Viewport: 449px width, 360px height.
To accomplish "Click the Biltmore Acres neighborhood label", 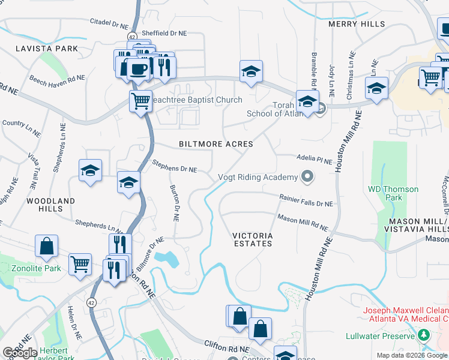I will tap(216, 144).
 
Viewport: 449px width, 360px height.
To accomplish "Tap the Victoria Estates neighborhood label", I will tap(253, 239).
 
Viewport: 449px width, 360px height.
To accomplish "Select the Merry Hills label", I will tap(357, 24).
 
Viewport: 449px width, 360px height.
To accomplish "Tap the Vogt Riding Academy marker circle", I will tap(308, 176).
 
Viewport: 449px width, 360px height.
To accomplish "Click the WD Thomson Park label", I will tap(393, 193).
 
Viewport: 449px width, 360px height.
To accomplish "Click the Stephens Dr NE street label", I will tap(174, 166).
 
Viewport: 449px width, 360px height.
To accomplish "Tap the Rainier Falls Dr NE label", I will tap(306, 200).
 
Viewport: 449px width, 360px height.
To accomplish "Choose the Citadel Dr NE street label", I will tap(109, 23).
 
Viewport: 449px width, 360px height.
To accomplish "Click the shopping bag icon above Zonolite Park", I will tap(46, 245).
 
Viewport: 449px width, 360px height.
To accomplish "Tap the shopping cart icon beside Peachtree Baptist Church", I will tap(140, 101).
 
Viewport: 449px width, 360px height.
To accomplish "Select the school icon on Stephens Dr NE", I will tap(128, 183).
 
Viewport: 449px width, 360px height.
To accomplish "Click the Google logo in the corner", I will tap(20, 353).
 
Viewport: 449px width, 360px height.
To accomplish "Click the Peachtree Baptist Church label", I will tap(199, 100).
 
